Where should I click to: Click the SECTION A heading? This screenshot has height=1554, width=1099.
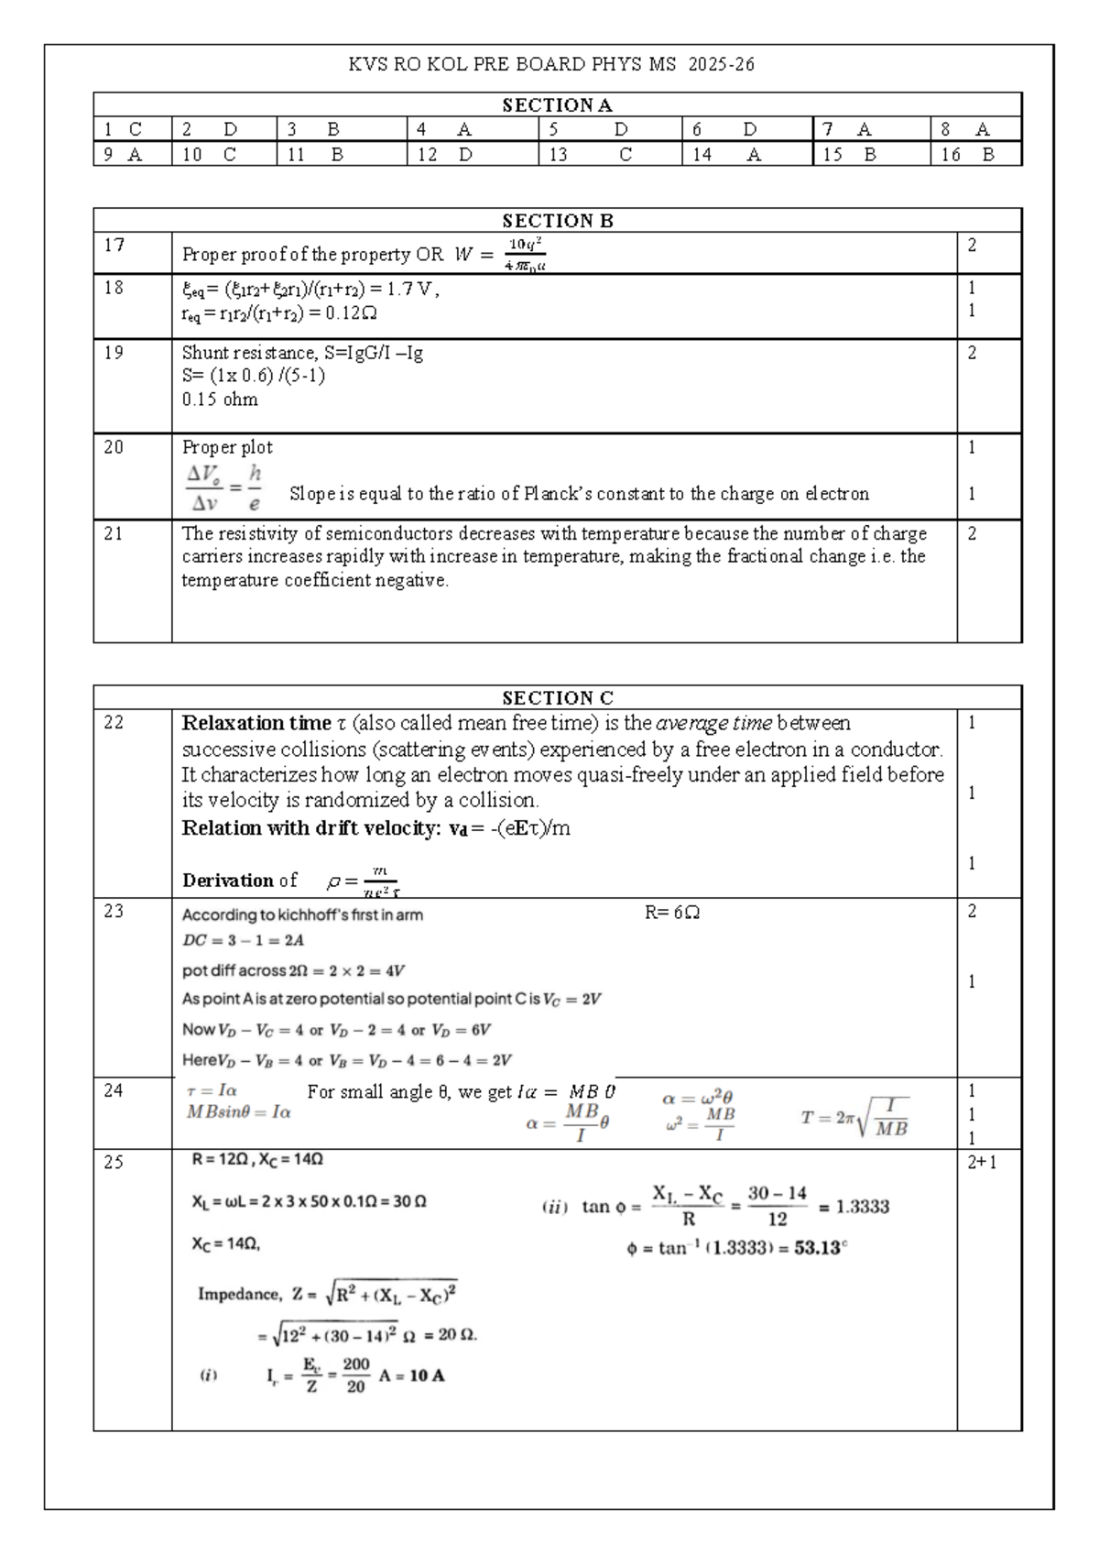pos(557,105)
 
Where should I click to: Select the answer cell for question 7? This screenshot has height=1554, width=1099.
pos(870,129)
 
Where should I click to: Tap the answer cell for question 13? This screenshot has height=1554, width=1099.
pos(609,155)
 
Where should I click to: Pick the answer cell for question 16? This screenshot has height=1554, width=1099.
pos(975,155)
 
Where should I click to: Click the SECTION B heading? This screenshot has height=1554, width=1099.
pos(557,221)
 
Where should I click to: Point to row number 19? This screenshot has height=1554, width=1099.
pos(114,353)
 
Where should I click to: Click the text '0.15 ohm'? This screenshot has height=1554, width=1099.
pos(220,399)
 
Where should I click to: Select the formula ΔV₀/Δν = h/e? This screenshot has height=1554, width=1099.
pos(224,488)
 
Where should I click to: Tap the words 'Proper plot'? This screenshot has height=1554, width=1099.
pos(227,447)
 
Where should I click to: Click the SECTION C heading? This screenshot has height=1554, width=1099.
pos(557,698)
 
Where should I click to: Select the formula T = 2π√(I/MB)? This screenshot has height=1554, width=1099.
pos(854,1118)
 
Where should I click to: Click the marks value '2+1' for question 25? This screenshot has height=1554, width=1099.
pos(982,1163)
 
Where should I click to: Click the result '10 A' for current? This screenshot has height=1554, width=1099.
pos(427,1375)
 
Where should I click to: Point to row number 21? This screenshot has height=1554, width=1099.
pos(114,533)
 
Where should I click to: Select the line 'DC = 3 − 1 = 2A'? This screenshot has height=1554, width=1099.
pos(243,940)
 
